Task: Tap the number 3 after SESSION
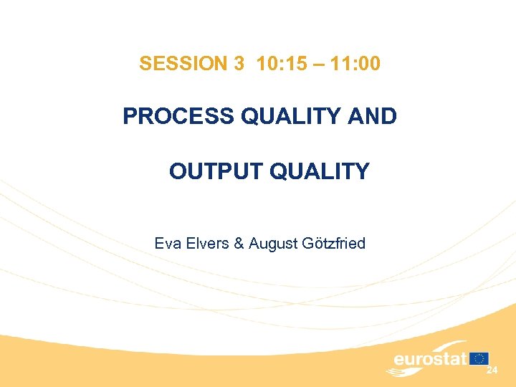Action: pyautogui.click(x=239, y=64)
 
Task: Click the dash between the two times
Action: pyautogui.click(x=317, y=64)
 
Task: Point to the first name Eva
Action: pyautogui.click(x=166, y=244)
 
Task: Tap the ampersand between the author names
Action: pyautogui.click(x=239, y=244)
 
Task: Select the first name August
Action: pyautogui.click(x=269, y=244)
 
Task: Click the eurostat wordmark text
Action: pyautogui.click(x=430, y=358)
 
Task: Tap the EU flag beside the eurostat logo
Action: pyautogui.click(x=479, y=358)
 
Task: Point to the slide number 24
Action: pyautogui.click(x=492, y=371)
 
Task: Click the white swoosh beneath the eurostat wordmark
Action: pyautogui.click(x=412, y=371)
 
